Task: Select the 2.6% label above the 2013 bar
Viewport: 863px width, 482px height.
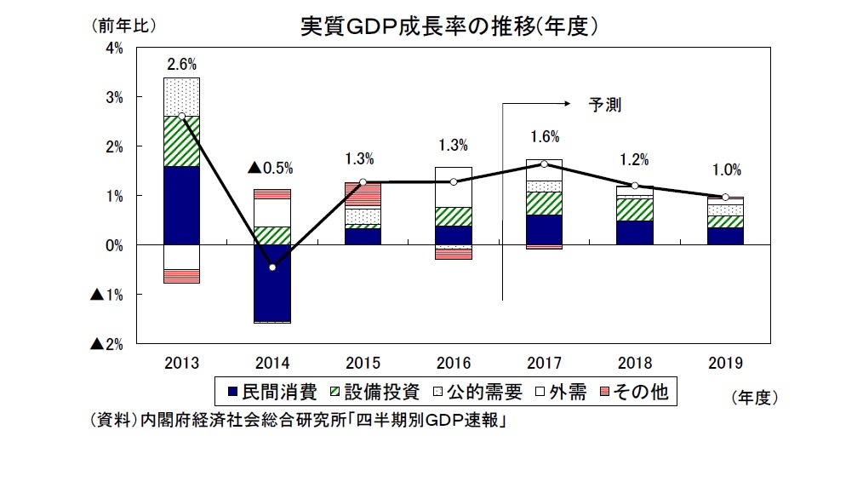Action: tap(181, 64)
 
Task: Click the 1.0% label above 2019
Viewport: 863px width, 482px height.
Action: tap(725, 169)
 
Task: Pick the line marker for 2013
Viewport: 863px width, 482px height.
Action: tap(181, 117)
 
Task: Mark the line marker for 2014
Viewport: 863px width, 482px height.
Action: tap(272, 267)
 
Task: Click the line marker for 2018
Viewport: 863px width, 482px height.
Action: tap(635, 186)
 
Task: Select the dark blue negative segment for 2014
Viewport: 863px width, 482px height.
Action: tap(272, 283)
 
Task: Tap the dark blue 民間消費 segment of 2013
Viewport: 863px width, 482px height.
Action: tap(181, 205)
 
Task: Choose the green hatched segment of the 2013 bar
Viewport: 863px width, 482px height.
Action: tap(181, 141)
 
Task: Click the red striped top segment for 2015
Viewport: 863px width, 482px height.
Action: tap(363, 193)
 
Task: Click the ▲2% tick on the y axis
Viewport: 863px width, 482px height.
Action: tap(107, 344)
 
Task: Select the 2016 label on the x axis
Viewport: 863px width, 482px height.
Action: tap(453, 362)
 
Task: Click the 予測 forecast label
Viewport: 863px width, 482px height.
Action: tap(605, 106)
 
